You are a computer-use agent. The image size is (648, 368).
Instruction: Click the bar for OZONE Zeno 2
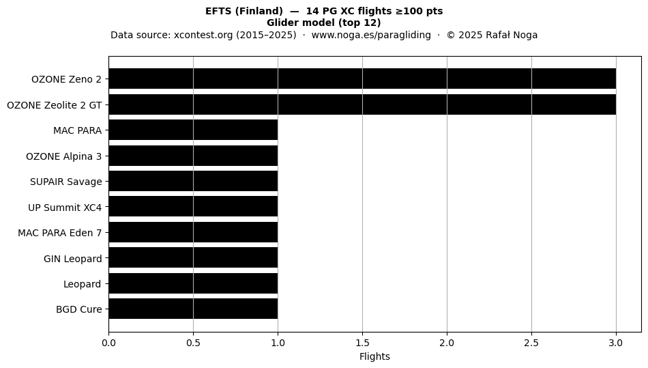click(362, 79)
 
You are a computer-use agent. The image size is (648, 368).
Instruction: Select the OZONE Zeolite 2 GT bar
click(362, 104)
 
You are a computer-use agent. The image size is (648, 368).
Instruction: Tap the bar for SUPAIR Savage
click(193, 181)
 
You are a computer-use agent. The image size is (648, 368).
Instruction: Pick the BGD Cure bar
click(193, 309)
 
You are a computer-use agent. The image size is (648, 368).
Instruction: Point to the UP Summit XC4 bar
click(193, 206)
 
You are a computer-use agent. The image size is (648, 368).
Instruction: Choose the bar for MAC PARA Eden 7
click(193, 232)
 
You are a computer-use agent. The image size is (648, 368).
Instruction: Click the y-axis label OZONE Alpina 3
click(63, 156)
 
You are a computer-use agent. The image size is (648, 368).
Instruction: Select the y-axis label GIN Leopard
click(73, 259)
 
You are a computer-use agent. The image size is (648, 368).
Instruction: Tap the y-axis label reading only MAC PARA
click(77, 130)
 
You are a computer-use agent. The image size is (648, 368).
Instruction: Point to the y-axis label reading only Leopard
click(83, 285)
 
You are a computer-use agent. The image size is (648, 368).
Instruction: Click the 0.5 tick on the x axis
click(194, 343)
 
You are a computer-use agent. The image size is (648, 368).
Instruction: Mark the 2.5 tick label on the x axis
click(531, 343)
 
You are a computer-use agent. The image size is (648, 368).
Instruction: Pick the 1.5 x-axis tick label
click(362, 343)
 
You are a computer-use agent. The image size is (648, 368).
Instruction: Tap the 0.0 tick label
click(108, 343)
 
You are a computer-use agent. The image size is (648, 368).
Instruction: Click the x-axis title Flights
click(374, 356)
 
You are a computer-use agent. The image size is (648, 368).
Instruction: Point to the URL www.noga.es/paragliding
click(371, 35)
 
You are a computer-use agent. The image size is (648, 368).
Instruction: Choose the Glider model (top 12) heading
click(324, 23)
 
